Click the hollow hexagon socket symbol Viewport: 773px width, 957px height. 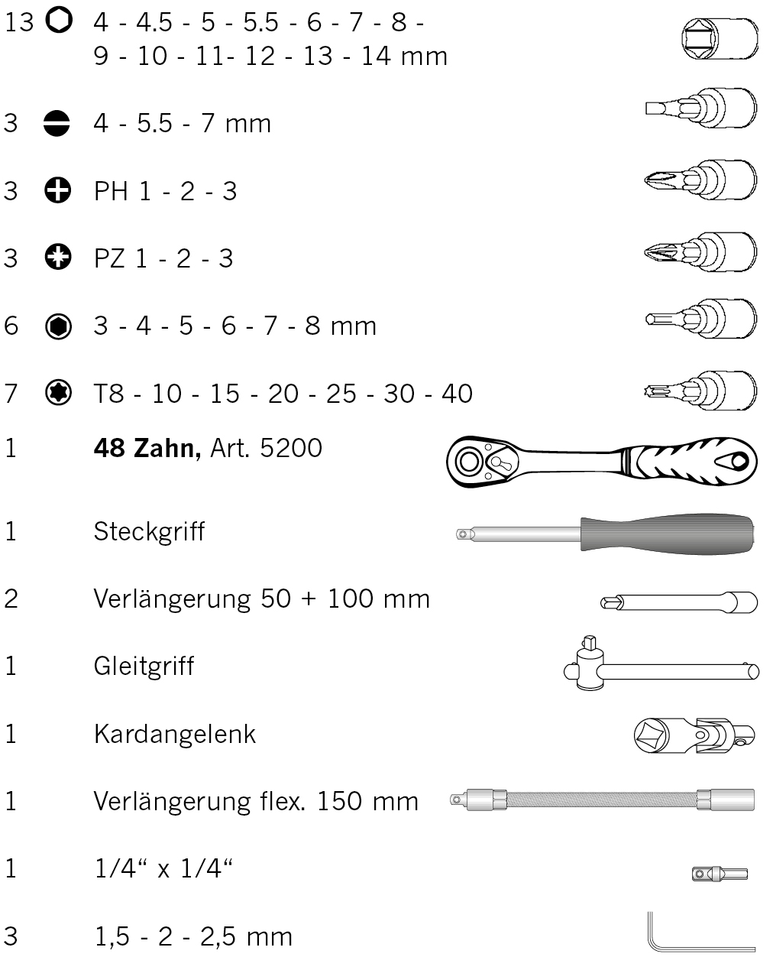tap(59, 20)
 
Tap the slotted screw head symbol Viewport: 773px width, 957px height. tap(57, 123)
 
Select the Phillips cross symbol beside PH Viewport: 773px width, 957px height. tap(58, 190)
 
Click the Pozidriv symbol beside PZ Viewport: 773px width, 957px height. tap(58, 257)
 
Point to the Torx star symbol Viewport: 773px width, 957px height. tap(58, 393)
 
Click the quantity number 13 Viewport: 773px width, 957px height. tap(19, 21)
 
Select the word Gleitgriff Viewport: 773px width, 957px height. tap(144, 666)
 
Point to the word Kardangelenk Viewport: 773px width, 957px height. tap(175, 734)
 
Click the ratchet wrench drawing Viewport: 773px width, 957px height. tap(602, 462)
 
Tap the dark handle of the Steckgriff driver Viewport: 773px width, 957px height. tap(667, 534)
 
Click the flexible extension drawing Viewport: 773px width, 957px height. tap(603, 800)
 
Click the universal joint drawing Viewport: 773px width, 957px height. tap(694, 735)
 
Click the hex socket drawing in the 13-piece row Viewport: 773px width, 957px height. tap(720, 38)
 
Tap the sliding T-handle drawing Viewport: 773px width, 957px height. tap(661, 663)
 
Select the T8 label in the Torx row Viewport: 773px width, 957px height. tap(108, 393)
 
